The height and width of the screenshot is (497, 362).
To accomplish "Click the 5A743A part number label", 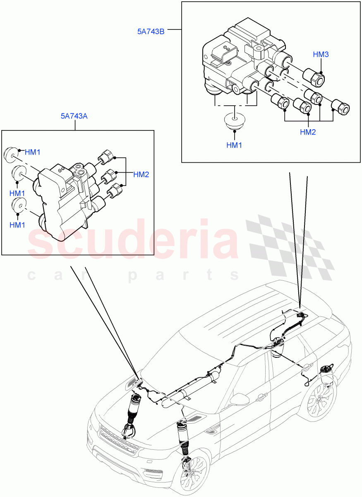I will pos(74,116).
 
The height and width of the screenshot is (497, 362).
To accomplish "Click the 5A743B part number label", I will pos(151,31).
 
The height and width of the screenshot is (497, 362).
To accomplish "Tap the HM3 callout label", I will pos(321,55).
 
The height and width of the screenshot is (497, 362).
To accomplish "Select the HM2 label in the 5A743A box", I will pos(141,174).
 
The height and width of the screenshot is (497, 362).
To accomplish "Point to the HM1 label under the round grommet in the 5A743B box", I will pos(234,145).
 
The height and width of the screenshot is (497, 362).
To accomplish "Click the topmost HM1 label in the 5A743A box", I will pos(33,152).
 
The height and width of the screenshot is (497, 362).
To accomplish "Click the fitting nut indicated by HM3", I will pos(314,77).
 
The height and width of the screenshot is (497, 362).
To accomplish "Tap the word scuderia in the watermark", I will pos(132,242).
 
